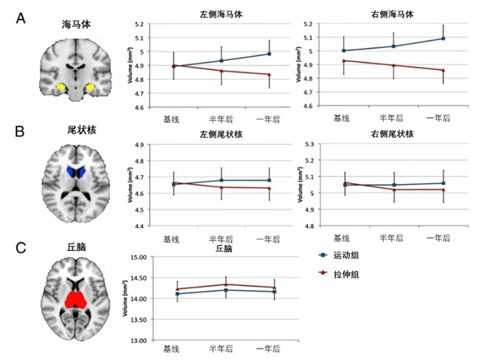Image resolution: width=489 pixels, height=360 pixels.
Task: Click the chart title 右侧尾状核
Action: point(385,134)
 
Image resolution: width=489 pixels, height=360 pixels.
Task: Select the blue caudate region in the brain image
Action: point(77,173)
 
